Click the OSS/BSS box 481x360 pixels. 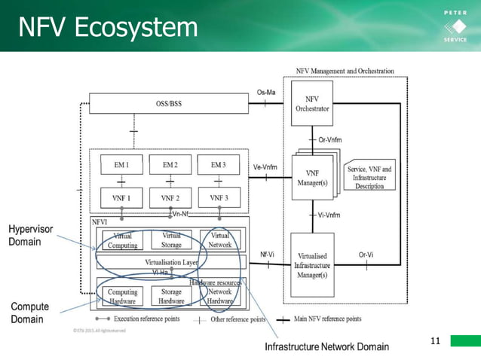pyautogui.click(x=168, y=103)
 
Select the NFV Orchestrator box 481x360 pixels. pyautogui.click(x=311, y=104)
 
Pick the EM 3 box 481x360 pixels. pyautogui.click(x=219, y=165)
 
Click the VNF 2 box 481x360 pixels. pyautogui.click(x=170, y=198)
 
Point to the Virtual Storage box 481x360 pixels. pyautogui.click(x=171, y=239)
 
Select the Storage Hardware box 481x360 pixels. pyautogui.click(x=171, y=297)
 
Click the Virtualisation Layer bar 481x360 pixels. pyautogui.click(x=171, y=261)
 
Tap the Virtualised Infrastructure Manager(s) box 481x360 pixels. pyautogui.click(x=311, y=265)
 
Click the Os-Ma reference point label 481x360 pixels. pyautogui.click(x=266, y=93)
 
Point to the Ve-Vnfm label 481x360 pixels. pyautogui.click(x=266, y=167)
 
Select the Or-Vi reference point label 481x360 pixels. pyautogui.click(x=366, y=255)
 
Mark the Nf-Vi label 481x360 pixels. pyautogui.click(x=267, y=255)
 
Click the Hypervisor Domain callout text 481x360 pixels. pyautogui.click(x=31, y=235)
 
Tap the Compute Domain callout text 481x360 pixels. pyautogui.click(x=30, y=313)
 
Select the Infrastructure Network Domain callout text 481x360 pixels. pyautogui.click(x=326, y=346)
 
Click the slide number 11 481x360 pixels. pyautogui.click(x=434, y=342)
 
